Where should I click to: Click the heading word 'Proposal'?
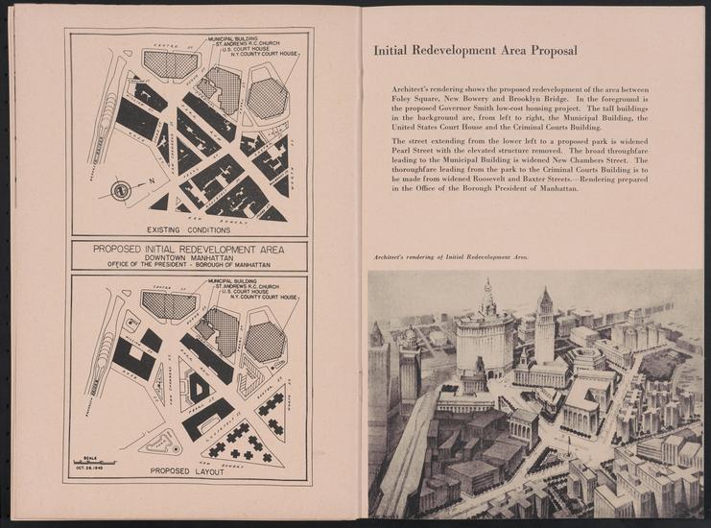pyautogui.click(x=548, y=50)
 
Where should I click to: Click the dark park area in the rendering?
pyautogui.click(x=662, y=364)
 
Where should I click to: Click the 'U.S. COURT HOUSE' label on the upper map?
pyautogui.click(x=251, y=52)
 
